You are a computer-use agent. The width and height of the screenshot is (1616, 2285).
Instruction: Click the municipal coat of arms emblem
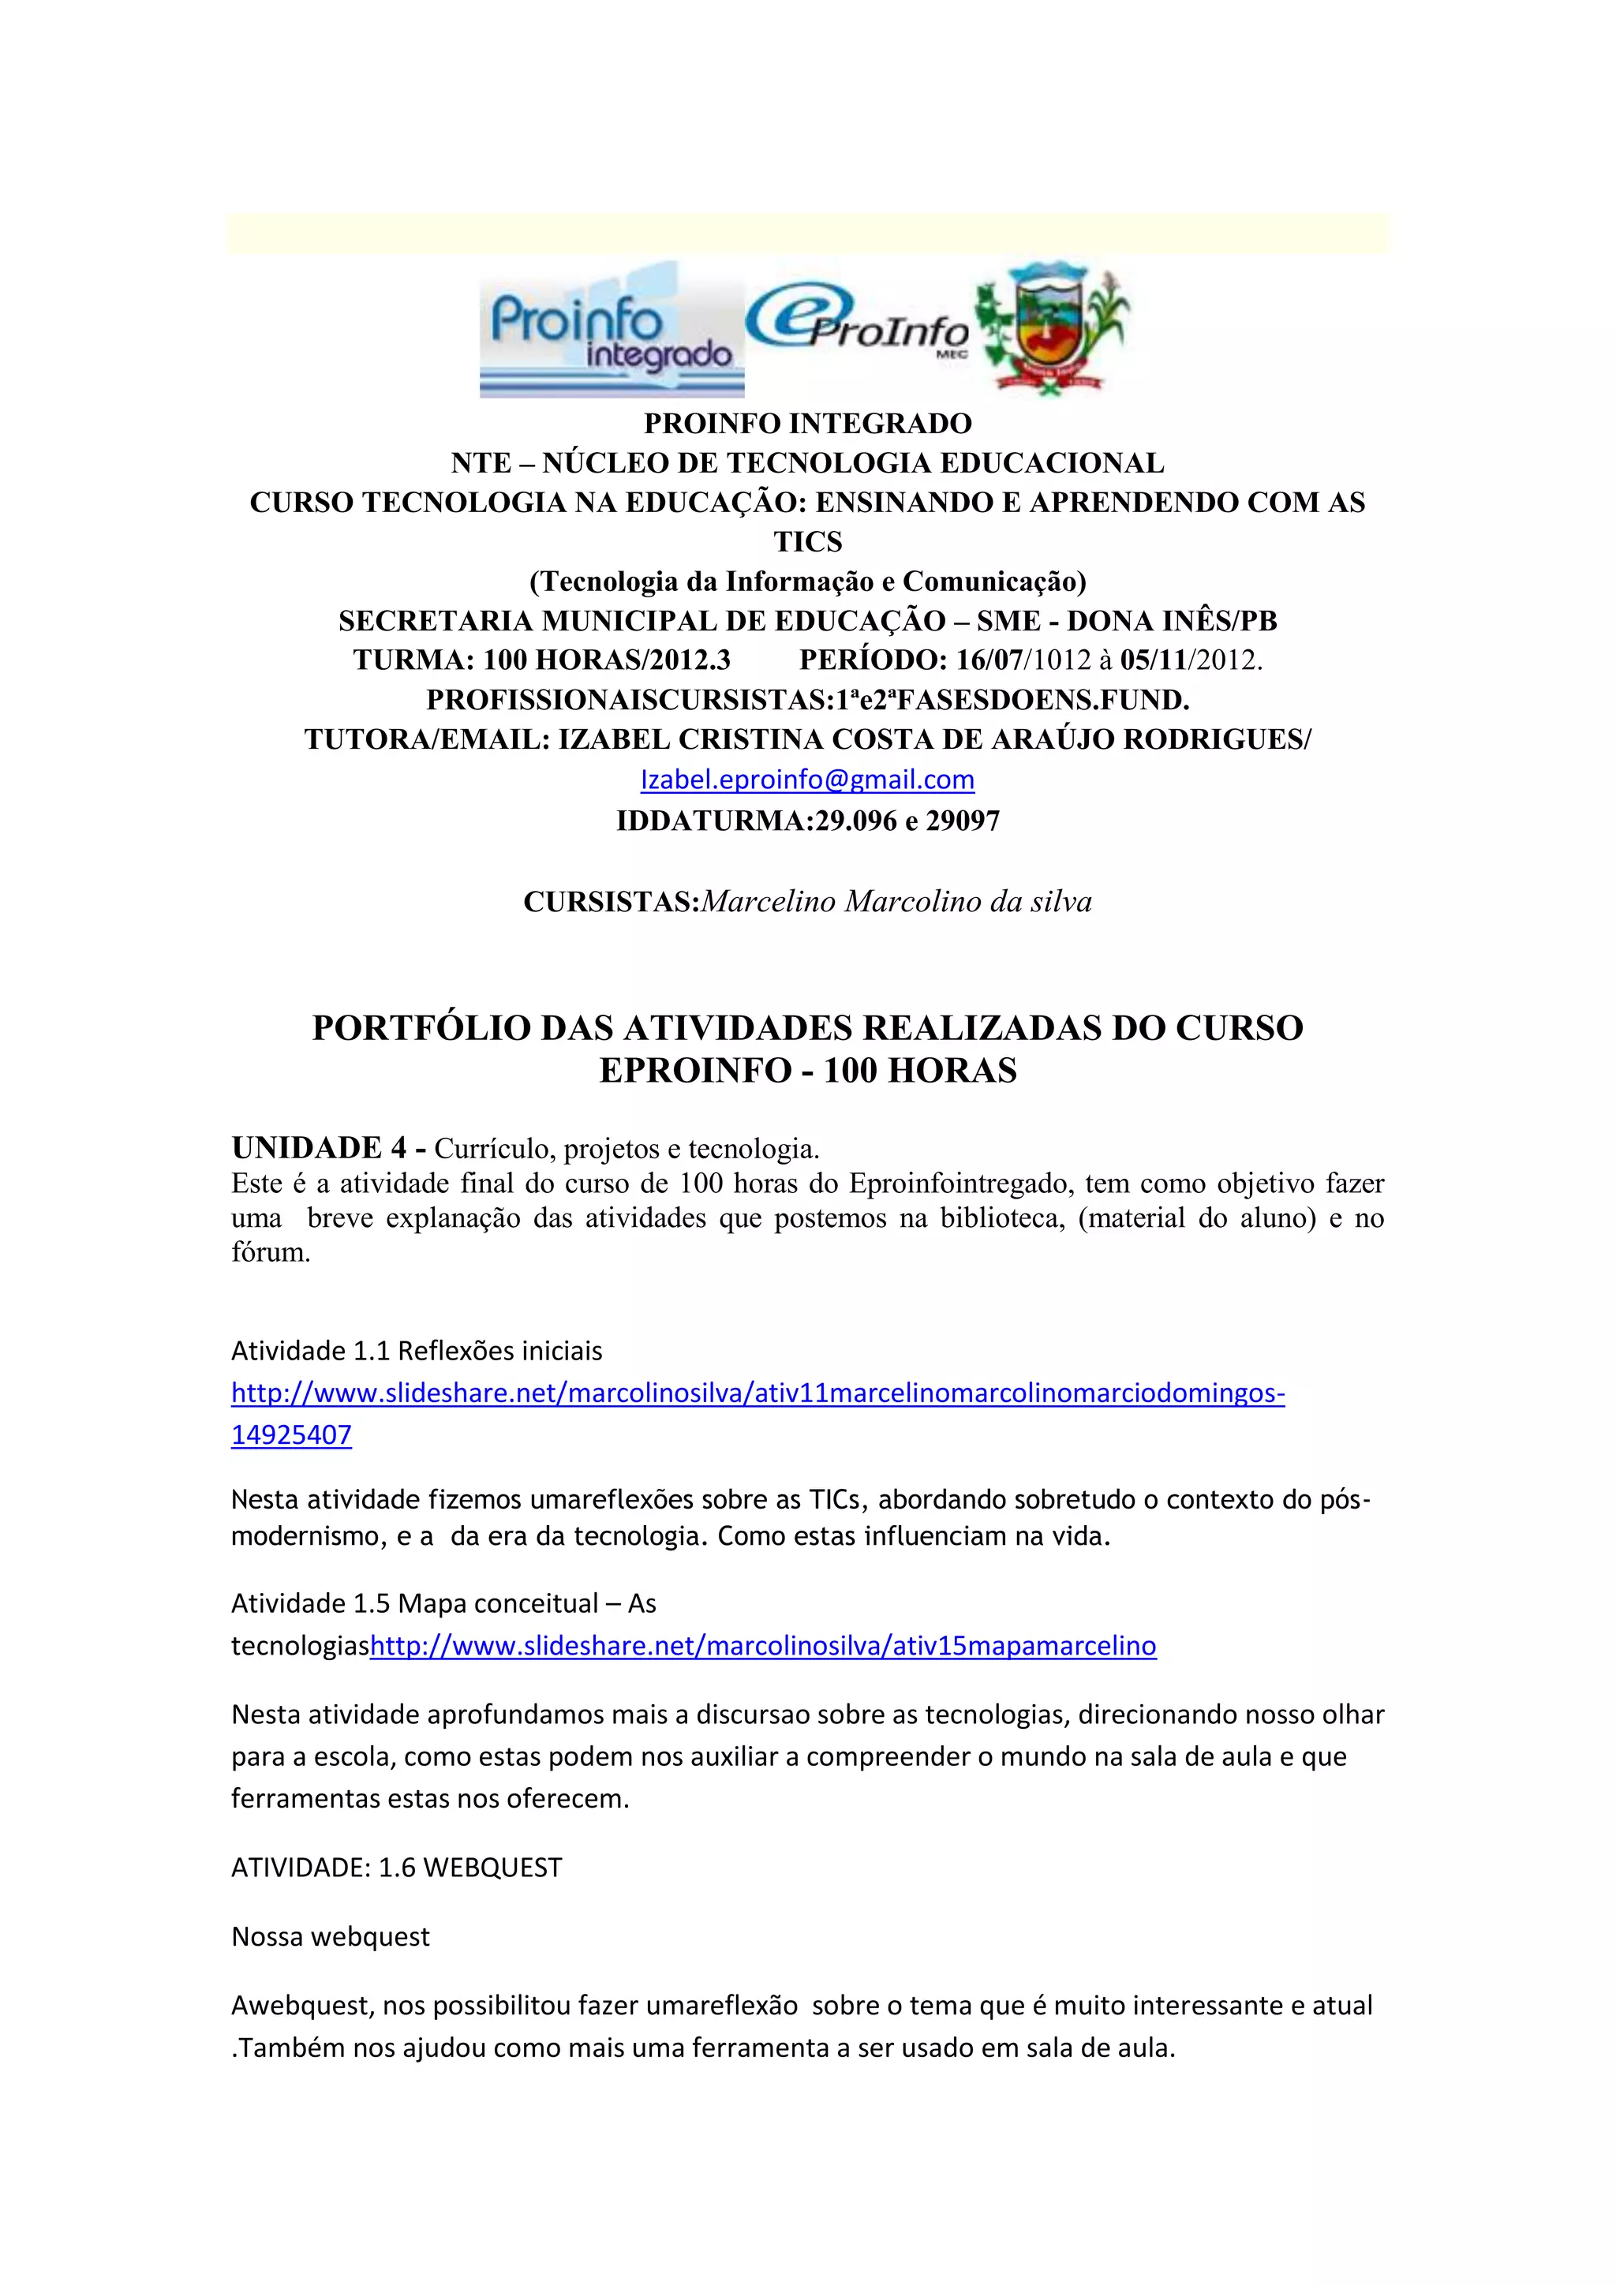(1052, 328)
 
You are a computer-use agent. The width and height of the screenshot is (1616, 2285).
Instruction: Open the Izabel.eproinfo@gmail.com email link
(807, 780)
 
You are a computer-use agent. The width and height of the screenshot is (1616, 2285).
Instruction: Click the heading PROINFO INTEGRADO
(807, 423)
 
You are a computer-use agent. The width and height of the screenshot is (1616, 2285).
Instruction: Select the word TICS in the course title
(807, 541)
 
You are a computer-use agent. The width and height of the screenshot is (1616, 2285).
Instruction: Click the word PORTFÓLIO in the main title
(419, 1028)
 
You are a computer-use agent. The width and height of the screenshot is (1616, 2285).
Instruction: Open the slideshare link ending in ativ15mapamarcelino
(762, 1645)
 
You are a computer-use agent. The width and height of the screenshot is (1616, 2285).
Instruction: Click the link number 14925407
(291, 1434)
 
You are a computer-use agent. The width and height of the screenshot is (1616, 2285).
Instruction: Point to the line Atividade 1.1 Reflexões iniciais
(416, 1351)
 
